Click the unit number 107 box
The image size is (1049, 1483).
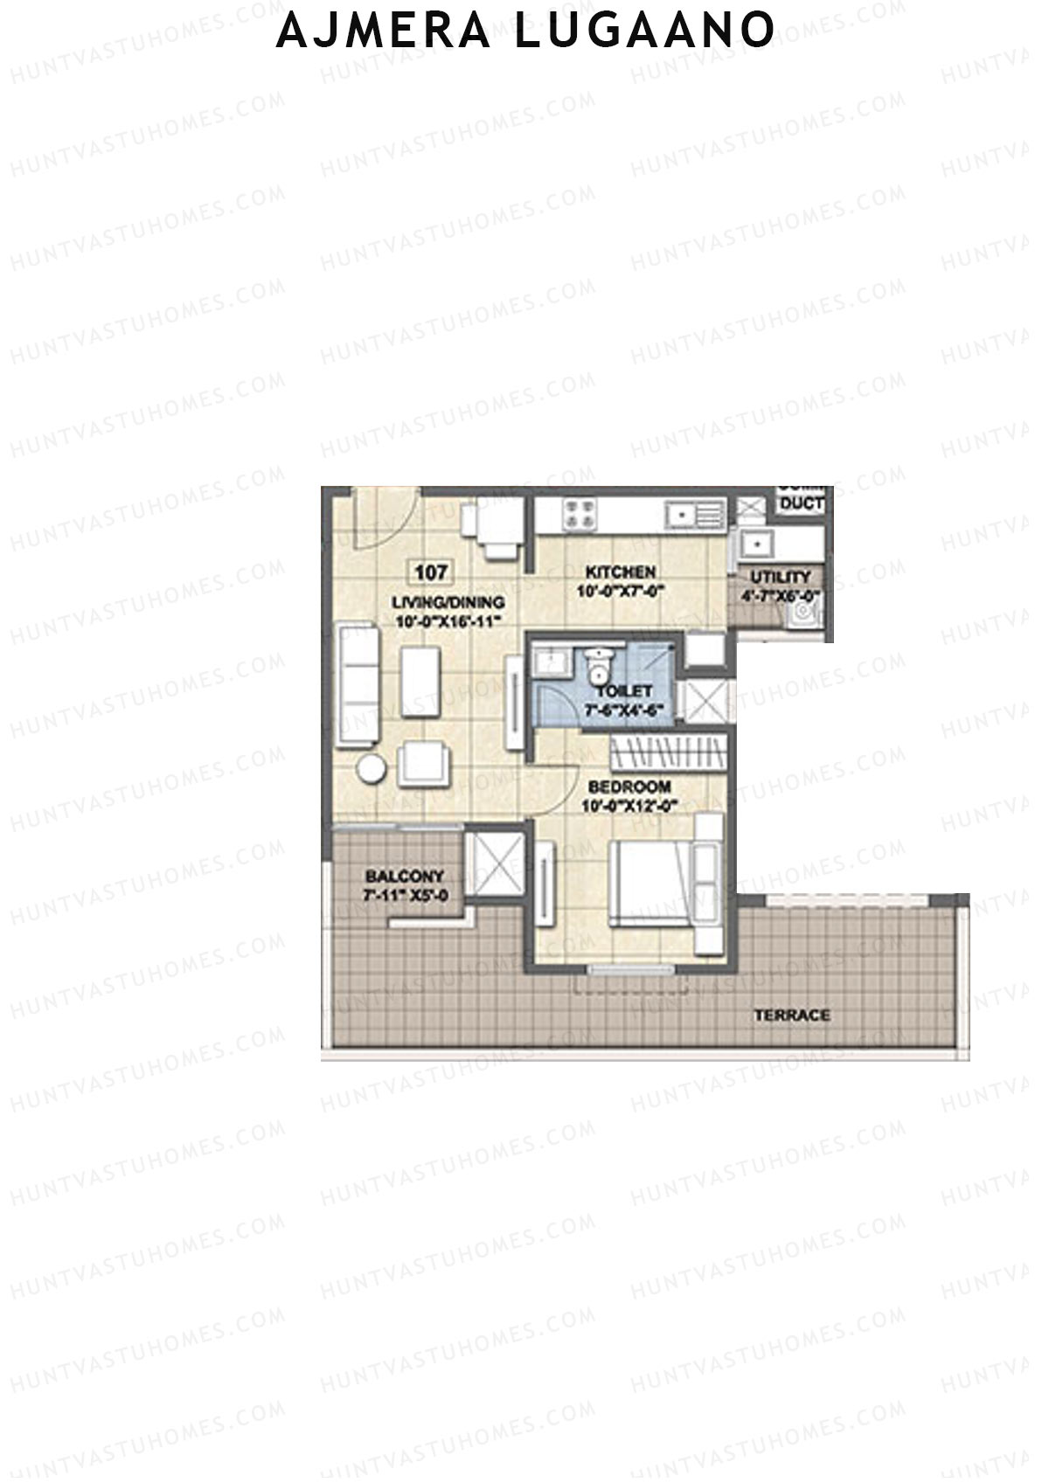tap(431, 573)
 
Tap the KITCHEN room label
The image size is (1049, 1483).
tap(620, 572)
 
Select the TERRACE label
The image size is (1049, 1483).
tap(792, 1015)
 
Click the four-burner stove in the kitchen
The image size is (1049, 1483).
tap(578, 513)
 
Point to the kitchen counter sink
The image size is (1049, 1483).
tap(682, 516)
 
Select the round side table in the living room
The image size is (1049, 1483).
tap(371, 770)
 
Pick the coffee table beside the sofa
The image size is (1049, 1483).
tap(420, 683)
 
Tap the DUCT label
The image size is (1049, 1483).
tap(802, 504)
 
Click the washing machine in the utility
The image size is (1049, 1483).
tap(802, 615)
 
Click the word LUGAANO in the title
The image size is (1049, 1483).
tap(644, 31)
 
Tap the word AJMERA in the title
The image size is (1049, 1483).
tap(384, 31)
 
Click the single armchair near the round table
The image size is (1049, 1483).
tap(426, 764)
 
